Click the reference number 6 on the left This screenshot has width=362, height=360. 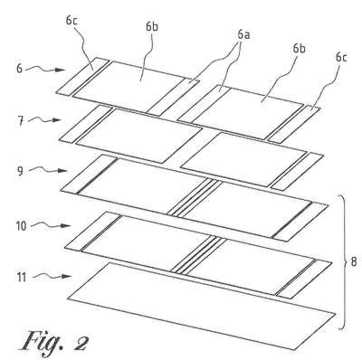pyautogui.click(x=20, y=69)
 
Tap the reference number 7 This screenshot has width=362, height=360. pyautogui.click(x=20, y=121)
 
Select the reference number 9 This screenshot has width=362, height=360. pyautogui.click(x=20, y=172)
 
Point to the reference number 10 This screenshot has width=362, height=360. pyautogui.click(x=22, y=226)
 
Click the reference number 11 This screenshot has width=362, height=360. pyautogui.click(x=21, y=277)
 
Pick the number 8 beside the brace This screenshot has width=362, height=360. pyautogui.click(x=354, y=261)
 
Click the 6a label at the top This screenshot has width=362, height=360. pyautogui.click(x=243, y=35)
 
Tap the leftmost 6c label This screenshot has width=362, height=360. pyautogui.click(x=72, y=21)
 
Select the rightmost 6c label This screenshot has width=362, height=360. pyautogui.click(x=341, y=57)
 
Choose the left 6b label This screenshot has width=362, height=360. pyautogui.click(x=152, y=26)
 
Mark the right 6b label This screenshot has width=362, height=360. pyautogui.click(x=299, y=49)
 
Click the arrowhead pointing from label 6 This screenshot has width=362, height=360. pyautogui.click(x=62, y=70)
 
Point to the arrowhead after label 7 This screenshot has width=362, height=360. pyautogui.click(x=56, y=120)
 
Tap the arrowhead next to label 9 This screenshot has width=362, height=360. pyautogui.click(x=62, y=171)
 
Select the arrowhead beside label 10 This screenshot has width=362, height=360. pyautogui.click(x=66, y=225)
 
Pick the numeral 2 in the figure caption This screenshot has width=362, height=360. pyautogui.click(x=81, y=343)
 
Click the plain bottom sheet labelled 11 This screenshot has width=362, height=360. pyautogui.click(x=202, y=306)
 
